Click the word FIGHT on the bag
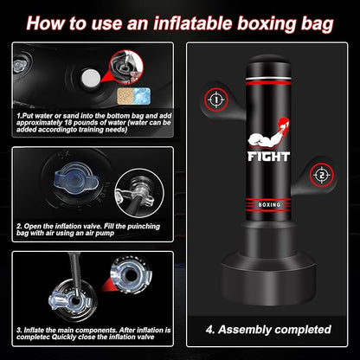268,157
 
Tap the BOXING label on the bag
269,205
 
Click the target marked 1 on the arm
216,100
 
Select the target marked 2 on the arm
322,175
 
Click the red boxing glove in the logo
282,124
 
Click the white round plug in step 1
91,77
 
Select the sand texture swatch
125,96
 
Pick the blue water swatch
142,96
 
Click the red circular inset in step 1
126,67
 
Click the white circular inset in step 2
139,193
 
